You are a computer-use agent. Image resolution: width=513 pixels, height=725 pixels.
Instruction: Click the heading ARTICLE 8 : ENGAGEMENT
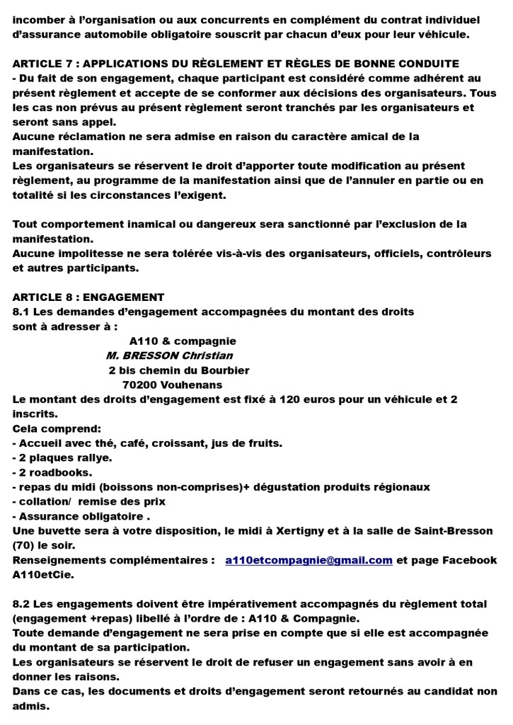pyautogui.click(x=88, y=297)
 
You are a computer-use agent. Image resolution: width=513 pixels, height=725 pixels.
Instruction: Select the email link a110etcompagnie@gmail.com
pyautogui.click(x=309, y=560)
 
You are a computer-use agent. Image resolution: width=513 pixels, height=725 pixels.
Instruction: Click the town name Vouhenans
pyautogui.click(x=193, y=385)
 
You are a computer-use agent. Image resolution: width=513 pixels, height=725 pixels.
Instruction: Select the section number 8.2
pyautogui.click(x=22, y=604)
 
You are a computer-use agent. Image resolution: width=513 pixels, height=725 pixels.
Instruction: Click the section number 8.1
pyautogui.click(x=22, y=312)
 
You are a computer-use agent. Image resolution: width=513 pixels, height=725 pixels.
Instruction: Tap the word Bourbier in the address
pyautogui.click(x=226, y=370)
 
